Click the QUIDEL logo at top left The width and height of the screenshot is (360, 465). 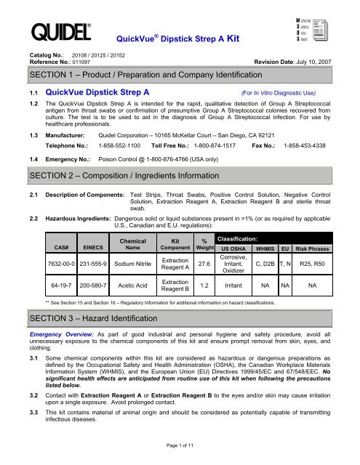[x=56, y=31]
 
